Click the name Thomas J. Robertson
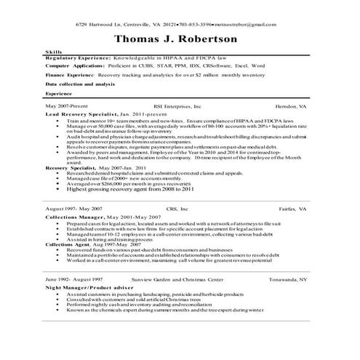pos(180,40)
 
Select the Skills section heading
pos(54,53)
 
